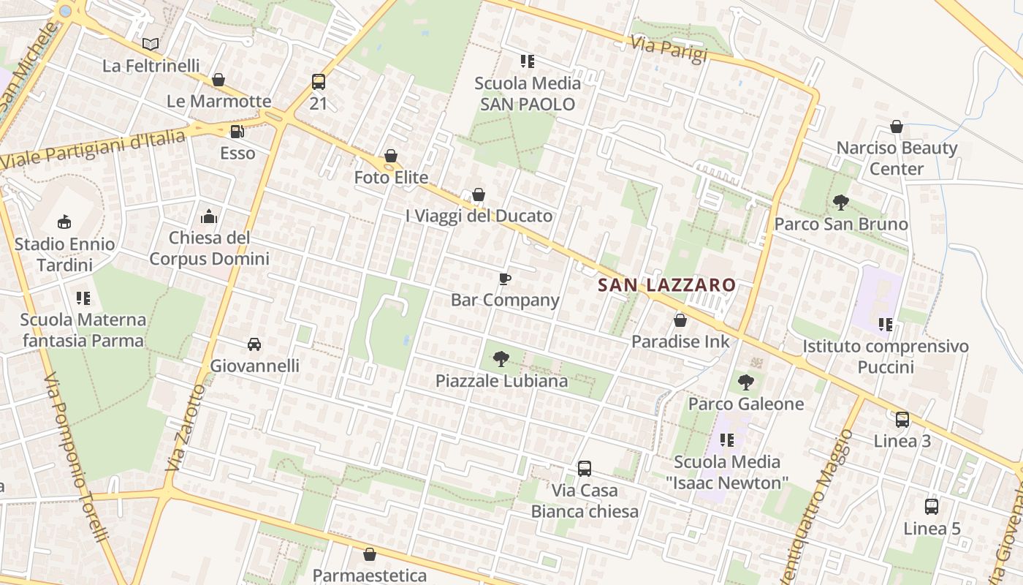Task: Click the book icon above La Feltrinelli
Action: tap(150, 45)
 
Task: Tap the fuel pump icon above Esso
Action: tap(237, 132)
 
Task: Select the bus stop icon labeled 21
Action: tap(318, 82)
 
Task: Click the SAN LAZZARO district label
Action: tap(666, 285)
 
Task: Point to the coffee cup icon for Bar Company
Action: tap(504, 279)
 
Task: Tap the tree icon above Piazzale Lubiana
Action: tap(501, 359)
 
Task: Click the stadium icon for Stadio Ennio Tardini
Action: tap(64, 222)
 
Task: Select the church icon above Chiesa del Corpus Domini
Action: tap(209, 216)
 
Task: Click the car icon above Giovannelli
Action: tap(254, 344)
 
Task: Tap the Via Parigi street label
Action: tap(669, 50)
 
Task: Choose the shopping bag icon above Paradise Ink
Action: tap(680, 320)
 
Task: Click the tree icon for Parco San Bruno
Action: tap(840, 203)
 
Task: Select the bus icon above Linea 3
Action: tap(902, 420)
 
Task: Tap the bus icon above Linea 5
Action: tap(932, 507)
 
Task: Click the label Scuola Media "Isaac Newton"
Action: tap(727, 472)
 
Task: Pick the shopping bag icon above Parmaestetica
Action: tap(370, 554)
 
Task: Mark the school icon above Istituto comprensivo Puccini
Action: tap(886, 324)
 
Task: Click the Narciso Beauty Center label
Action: tap(897, 158)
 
